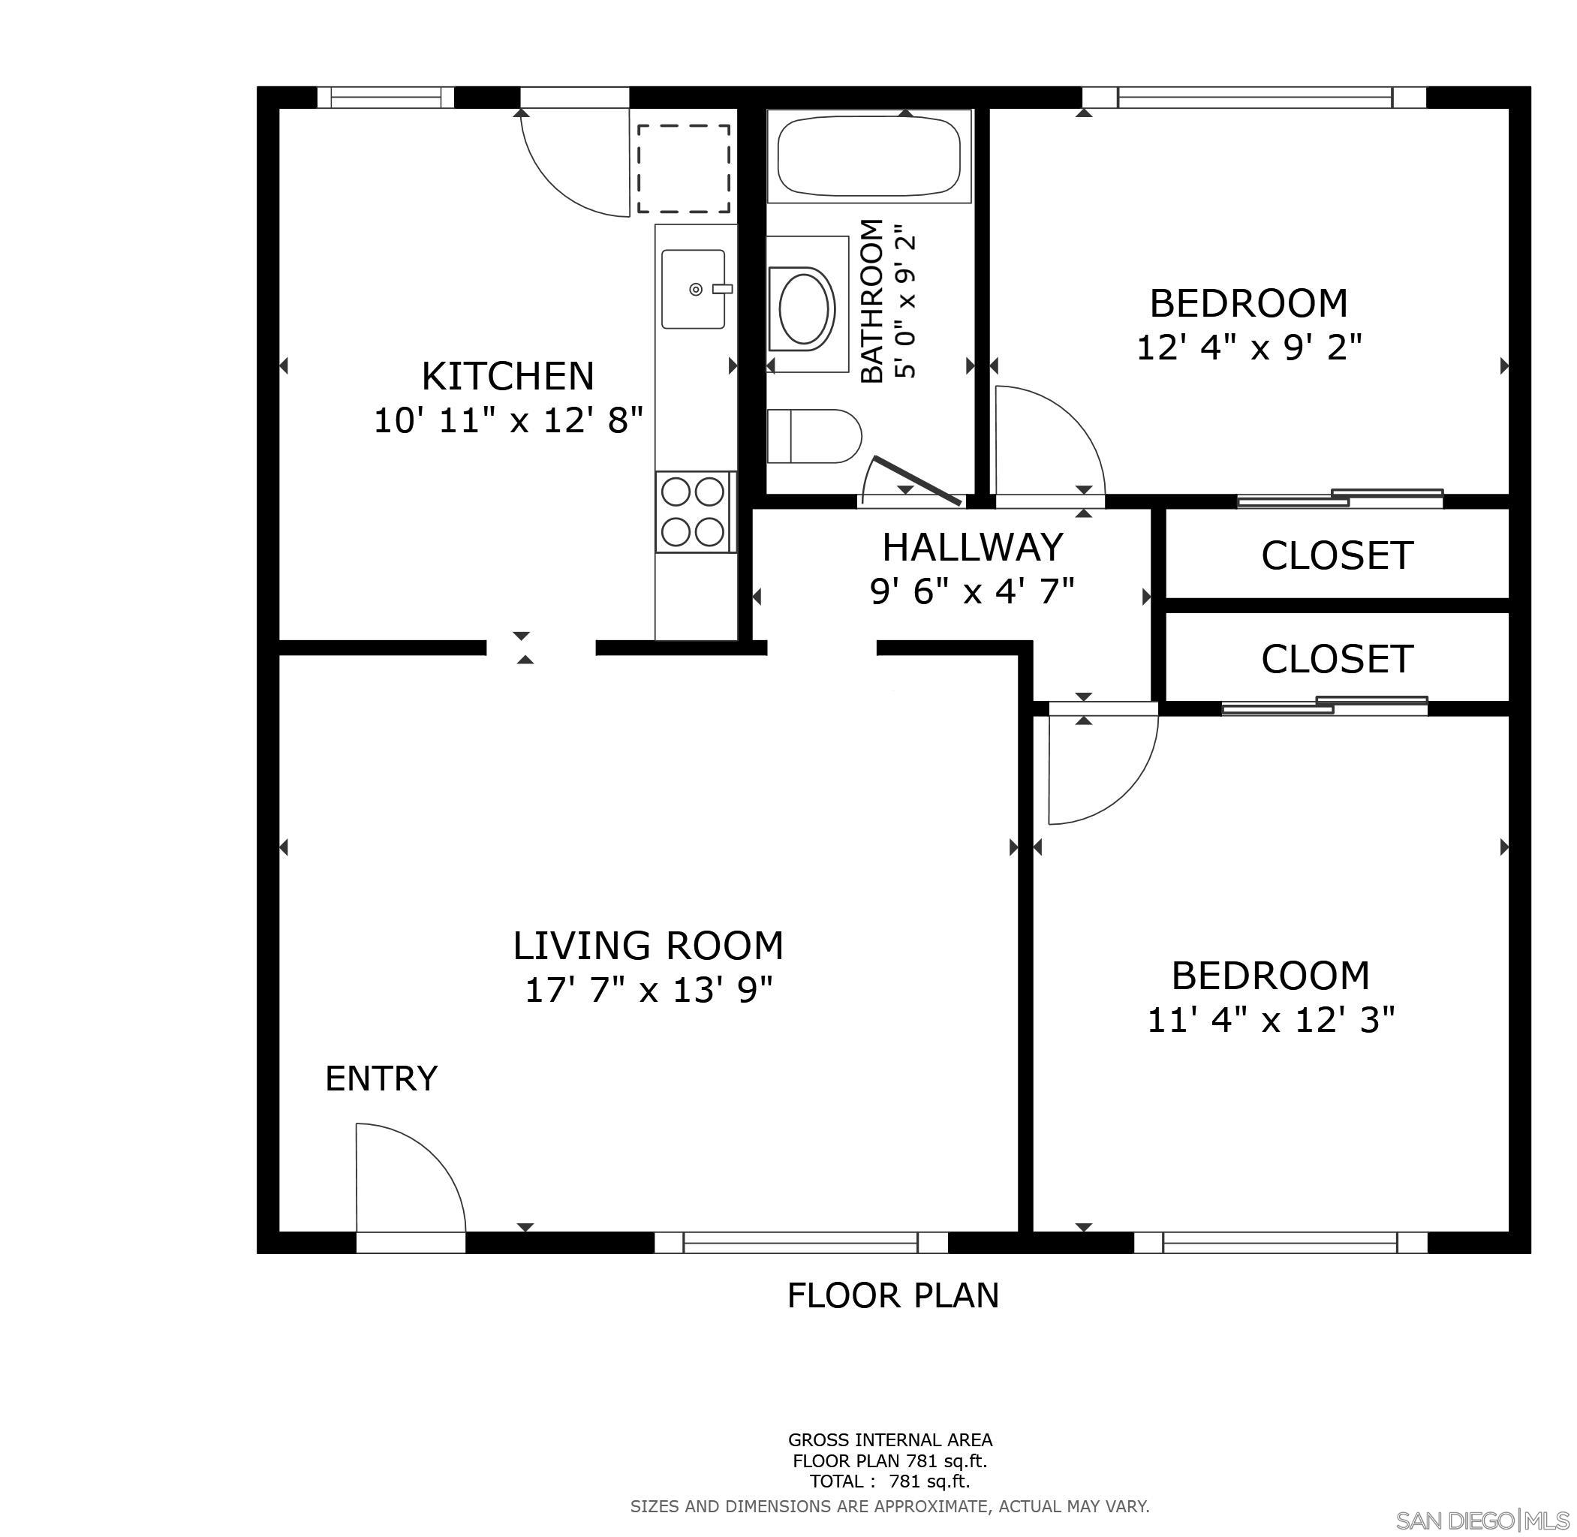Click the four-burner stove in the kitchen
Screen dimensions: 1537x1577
click(693, 512)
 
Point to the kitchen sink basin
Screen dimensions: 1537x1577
click(693, 289)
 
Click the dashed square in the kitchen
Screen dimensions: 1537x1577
click(683, 168)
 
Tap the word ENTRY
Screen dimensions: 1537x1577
click(381, 1078)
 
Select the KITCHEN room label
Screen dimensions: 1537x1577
click(508, 376)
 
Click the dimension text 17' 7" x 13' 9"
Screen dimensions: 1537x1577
click(649, 990)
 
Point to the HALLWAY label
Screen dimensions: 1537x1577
click(972, 547)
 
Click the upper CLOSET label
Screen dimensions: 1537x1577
click(1336, 555)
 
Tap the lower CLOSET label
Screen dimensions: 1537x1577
click(1336, 659)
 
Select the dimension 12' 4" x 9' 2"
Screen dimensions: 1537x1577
click(1248, 348)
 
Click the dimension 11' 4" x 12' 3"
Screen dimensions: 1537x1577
click(1271, 1021)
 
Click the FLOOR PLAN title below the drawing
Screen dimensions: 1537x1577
click(892, 1295)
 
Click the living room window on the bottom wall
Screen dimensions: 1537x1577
click(800, 1242)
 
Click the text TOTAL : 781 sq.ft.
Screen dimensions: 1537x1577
click(890, 1481)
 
